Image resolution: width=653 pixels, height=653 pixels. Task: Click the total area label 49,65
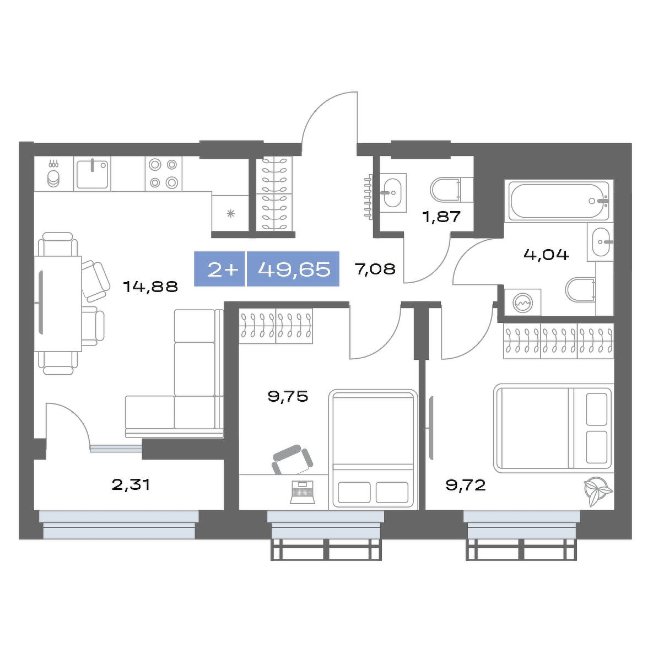point(294,269)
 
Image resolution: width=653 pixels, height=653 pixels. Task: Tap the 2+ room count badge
point(223,270)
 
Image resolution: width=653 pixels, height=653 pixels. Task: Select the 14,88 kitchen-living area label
point(151,286)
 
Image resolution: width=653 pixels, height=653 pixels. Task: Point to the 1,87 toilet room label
point(441,217)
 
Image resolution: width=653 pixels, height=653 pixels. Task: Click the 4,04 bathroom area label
point(546,254)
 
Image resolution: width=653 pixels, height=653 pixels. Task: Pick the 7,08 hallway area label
point(375,269)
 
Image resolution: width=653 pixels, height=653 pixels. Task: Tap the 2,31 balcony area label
point(131,484)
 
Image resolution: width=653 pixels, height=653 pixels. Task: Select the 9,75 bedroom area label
point(288,396)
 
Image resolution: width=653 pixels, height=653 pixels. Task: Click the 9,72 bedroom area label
point(466,485)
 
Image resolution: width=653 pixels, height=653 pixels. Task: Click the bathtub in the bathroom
point(558,201)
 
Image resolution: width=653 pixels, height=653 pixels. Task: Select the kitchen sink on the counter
point(92,174)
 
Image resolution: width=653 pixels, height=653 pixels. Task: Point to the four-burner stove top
point(163,174)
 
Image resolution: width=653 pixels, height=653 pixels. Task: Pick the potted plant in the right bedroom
point(597,492)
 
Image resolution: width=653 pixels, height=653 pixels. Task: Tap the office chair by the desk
point(292,460)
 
